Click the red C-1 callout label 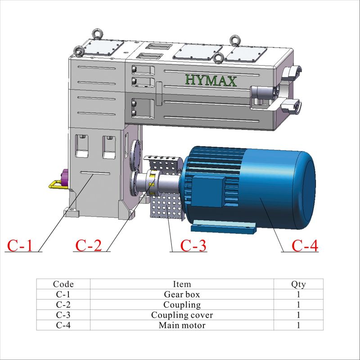[x=20, y=246]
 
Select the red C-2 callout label [x=88, y=245]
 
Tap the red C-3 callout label [x=193, y=246]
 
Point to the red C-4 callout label [x=305, y=246]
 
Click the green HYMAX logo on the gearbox [x=211, y=81]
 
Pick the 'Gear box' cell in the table [x=182, y=294]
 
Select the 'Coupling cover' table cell [x=182, y=315]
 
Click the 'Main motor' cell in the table [x=182, y=325]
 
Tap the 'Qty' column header [x=298, y=284]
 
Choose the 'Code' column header [x=63, y=284]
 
